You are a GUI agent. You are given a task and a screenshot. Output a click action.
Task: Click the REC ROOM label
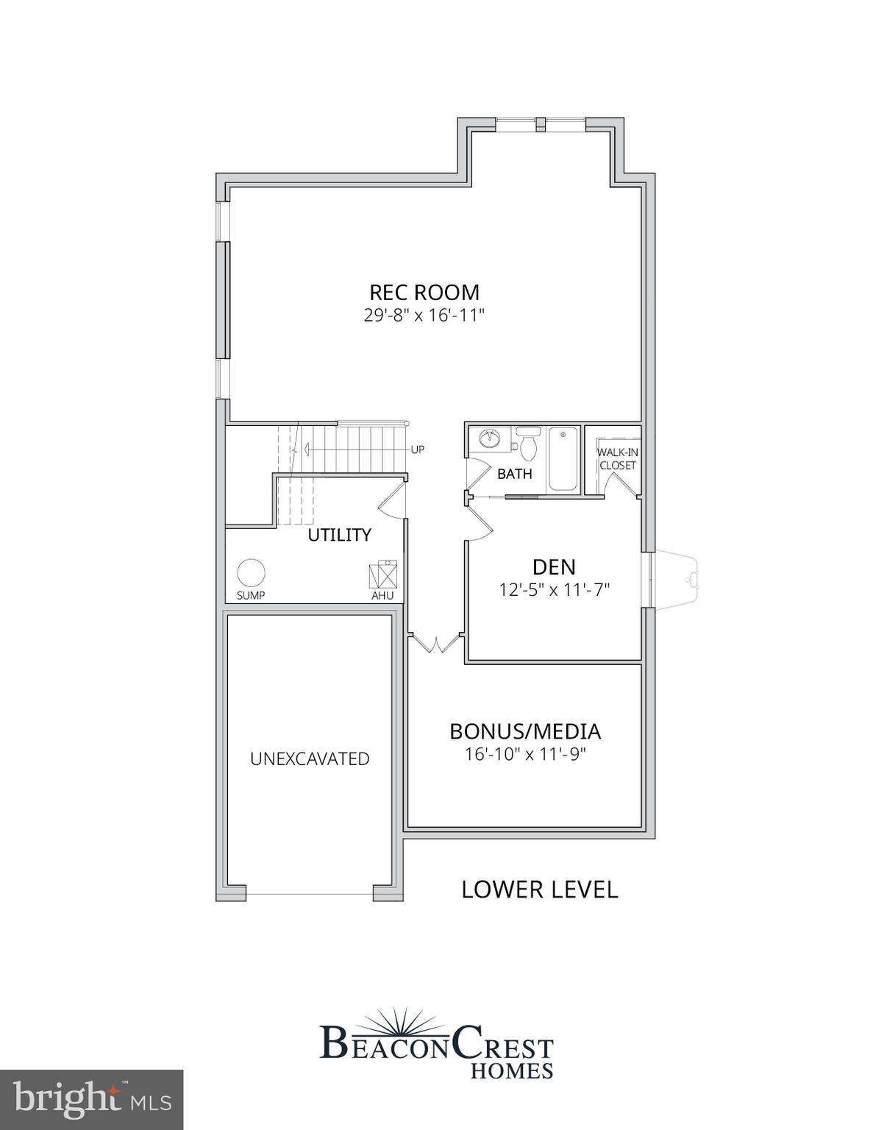424,292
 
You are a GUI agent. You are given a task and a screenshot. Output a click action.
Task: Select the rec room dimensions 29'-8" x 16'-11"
424,316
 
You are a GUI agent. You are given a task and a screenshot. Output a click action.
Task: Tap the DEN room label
554,566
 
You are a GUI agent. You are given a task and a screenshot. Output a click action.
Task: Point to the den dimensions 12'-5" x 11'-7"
555,589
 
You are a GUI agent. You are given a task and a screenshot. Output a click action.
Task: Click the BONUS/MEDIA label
525,731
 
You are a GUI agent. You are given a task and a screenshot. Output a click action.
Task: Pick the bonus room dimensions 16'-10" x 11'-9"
525,754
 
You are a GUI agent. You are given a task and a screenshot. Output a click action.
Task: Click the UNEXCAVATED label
310,758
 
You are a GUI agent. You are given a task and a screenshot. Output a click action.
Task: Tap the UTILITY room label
339,535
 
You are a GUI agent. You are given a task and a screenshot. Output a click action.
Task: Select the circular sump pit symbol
251,572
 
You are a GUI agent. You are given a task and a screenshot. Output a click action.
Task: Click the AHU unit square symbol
382,573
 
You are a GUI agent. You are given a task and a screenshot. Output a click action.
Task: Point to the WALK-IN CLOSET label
617,459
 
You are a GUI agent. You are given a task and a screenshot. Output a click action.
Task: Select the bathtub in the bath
563,459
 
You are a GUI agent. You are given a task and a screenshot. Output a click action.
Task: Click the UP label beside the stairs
417,449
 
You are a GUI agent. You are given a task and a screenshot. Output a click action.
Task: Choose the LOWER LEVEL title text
539,889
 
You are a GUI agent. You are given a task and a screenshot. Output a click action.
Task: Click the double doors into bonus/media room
436,642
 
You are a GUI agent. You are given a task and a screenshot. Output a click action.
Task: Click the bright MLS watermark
91,1100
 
